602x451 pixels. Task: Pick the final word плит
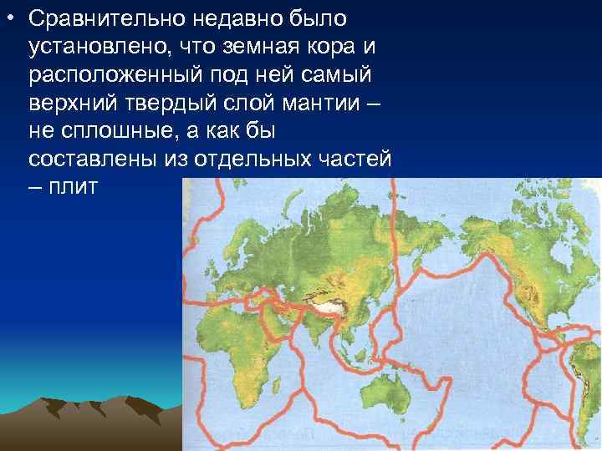coord(74,186)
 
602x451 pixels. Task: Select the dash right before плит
coord(34,186)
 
